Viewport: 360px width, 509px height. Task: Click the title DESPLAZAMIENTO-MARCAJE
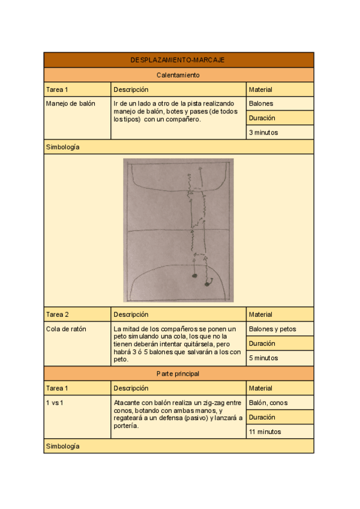point(178,60)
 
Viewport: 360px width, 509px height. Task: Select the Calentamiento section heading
point(178,75)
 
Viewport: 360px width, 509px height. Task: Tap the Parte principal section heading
point(178,373)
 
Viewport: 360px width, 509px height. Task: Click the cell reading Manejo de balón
point(71,104)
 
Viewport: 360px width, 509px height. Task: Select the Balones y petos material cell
point(272,329)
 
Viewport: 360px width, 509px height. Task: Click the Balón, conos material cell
point(269,403)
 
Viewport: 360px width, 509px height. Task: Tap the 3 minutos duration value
point(263,133)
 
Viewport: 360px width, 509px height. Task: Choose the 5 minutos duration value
point(263,358)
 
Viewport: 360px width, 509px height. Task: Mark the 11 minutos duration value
point(265,432)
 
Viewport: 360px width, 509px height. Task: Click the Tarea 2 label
point(58,315)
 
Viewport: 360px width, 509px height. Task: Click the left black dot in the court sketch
point(194,276)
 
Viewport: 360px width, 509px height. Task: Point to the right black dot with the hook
point(207,283)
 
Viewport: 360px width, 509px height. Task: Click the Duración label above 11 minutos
point(262,417)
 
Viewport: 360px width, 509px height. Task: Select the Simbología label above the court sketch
point(63,147)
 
